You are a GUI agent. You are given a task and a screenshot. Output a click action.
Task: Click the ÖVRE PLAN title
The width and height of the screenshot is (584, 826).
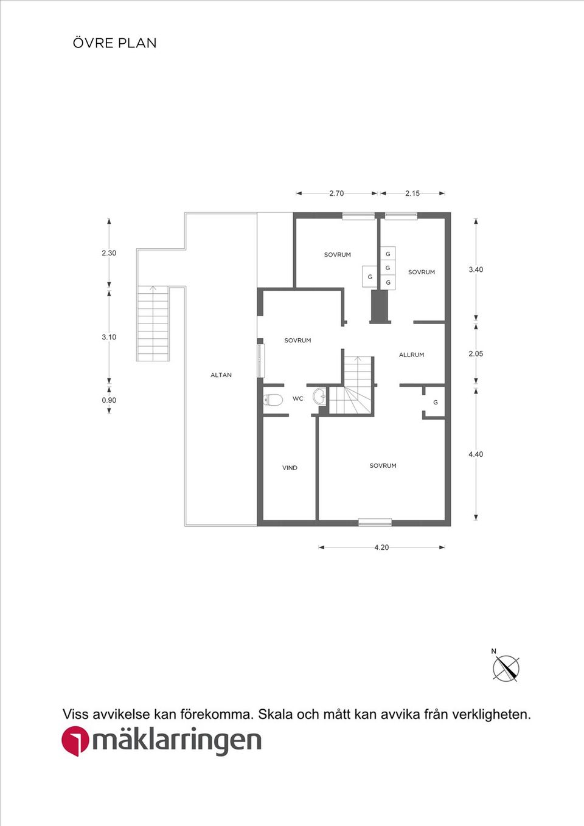[x=114, y=43]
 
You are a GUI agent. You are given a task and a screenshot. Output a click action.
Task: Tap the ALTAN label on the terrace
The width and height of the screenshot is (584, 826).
[x=221, y=375]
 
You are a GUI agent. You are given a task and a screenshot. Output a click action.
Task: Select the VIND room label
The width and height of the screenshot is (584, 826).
[x=290, y=468]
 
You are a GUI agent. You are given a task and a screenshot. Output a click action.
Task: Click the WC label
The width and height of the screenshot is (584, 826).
[x=297, y=399]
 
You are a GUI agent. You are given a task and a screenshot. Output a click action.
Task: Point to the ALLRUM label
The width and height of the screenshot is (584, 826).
[x=411, y=355]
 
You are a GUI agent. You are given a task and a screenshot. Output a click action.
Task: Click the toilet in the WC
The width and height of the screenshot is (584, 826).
[x=273, y=400]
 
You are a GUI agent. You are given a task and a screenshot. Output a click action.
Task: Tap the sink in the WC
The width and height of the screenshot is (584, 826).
[x=319, y=397]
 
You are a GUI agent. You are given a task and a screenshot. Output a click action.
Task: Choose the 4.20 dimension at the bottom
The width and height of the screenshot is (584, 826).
[x=381, y=547]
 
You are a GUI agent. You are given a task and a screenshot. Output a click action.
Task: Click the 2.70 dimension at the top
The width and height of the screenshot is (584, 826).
[x=336, y=193]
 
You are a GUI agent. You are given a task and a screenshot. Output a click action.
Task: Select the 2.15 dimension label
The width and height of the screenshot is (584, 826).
[x=412, y=193]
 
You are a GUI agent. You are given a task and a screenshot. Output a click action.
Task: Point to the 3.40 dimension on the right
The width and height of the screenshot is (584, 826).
[x=476, y=269]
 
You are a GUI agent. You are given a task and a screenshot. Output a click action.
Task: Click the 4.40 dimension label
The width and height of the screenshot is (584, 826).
[x=476, y=454]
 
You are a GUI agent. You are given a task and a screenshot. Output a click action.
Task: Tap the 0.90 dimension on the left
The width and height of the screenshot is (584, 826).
[x=109, y=400]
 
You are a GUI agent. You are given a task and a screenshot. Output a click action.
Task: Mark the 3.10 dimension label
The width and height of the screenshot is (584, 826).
[x=109, y=337]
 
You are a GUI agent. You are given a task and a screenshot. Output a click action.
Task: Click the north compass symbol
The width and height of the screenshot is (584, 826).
[x=506, y=668]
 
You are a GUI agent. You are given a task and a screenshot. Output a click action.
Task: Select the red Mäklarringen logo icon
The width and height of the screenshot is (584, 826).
[x=75, y=741]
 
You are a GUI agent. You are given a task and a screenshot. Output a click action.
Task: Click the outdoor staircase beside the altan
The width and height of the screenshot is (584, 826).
[x=153, y=324]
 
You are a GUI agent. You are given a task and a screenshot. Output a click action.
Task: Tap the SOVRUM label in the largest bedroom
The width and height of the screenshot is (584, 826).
[x=383, y=466]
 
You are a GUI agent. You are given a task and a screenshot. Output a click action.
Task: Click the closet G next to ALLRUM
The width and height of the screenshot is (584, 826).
[x=435, y=403]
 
